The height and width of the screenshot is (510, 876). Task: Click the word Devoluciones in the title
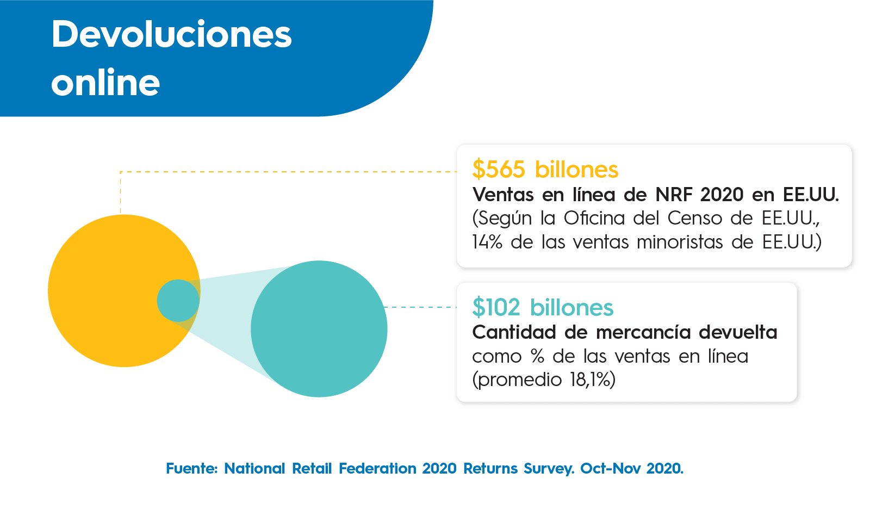(x=171, y=34)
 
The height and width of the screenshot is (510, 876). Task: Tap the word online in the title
(x=105, y=83)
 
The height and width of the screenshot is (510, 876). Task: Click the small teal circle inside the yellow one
(x=178, y=300)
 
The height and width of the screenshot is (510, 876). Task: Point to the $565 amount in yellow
(x=499, y=170)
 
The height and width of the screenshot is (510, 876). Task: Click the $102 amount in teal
(x=496, y=308)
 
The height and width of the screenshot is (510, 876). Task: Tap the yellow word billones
(x=576, y=170)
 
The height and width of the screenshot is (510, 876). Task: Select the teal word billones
(x=571, y=308)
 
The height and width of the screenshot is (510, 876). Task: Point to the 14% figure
(x=487, y=242)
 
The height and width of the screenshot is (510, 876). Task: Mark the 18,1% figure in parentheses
(x=591, y=380)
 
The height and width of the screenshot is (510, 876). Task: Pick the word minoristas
(x=680, y=242)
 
